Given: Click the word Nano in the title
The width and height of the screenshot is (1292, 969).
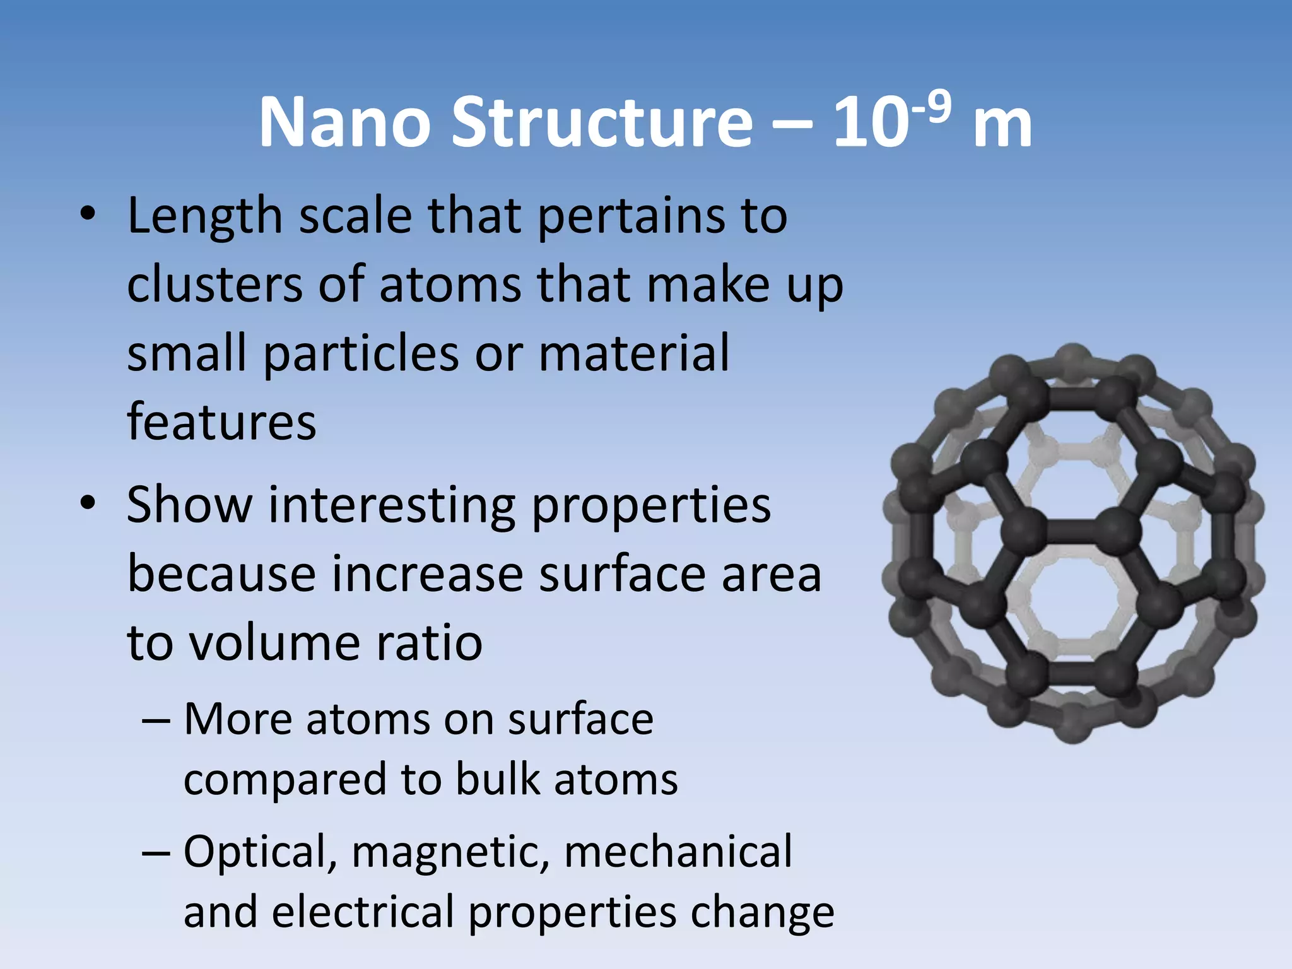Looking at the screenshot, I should (x=344, y=122).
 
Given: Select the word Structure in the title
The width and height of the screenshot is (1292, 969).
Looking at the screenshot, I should (x=602, y=122).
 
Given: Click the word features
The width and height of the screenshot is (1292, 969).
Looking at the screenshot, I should (x=221, y=421).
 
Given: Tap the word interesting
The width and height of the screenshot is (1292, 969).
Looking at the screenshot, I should (x=392, y=506).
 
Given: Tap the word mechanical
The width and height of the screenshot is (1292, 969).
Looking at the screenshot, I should (x=678, y=852).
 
